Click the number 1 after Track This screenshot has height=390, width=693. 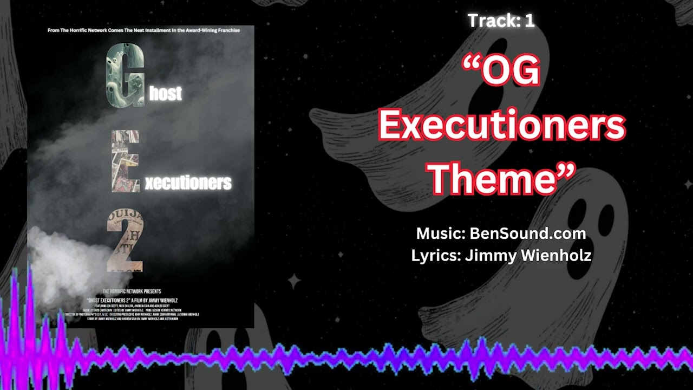529,21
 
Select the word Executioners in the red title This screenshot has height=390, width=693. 502,126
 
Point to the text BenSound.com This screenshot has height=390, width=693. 527,233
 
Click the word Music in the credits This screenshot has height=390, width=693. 439,233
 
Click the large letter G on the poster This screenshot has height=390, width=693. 125,75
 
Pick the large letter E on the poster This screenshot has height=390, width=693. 125,161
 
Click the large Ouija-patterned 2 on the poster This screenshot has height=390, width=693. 125,240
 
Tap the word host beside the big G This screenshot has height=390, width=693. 165,94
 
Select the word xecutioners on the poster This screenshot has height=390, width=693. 188,183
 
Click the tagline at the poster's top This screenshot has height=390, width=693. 143,30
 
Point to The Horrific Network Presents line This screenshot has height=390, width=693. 132,291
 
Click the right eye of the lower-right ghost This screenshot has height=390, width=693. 606,219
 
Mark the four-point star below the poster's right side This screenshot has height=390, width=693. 294,281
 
